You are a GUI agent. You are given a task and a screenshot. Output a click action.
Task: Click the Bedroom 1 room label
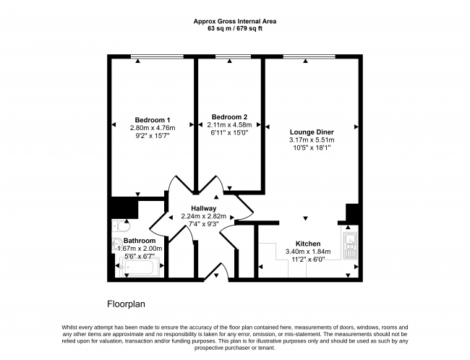click(153, 120)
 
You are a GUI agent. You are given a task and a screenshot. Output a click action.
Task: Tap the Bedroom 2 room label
click(229, 116)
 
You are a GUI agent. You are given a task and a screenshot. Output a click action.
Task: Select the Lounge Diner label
click(312, 132)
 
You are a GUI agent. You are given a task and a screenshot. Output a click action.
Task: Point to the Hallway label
click(203, 208)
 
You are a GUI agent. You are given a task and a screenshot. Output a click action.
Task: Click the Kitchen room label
click(308, 244)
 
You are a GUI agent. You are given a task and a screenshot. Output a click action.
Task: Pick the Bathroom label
click(140, 241)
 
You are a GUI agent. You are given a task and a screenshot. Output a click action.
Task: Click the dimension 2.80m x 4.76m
click(153, 128)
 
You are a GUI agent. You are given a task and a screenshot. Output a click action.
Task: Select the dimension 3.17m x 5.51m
click(312, 140)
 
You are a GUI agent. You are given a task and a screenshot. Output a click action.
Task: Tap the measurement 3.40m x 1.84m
click(308, 252)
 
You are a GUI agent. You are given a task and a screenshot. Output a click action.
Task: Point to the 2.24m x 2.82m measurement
click(203, 216)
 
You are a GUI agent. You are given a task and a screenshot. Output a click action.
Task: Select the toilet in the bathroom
click(121, 226)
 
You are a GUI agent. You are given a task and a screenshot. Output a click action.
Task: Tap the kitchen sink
click(350, 246)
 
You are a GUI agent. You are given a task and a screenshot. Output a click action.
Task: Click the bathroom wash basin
click(116, 244)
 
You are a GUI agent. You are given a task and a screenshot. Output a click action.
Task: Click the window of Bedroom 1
click(157, 56)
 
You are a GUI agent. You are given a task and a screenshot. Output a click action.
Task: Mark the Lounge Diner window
click(309, 56)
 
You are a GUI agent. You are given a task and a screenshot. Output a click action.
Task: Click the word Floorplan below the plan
click(127, 304)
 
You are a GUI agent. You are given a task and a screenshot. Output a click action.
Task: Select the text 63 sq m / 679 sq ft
click(235, 29)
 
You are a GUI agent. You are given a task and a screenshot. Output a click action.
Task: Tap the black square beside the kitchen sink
click(352, 214)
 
